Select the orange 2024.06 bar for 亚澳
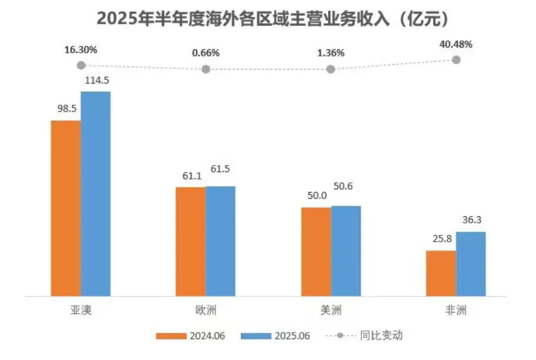(66, 208)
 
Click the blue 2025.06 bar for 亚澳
(96, 194)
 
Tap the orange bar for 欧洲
(191, 241)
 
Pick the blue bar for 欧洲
(220, 241)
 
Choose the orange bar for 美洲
(316, 251)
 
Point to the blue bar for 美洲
(346, 251)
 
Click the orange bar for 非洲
(442, 273)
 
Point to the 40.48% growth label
(456, 44)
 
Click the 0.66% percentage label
(206, 53)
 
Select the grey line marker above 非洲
(456, 59)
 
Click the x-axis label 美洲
(331, 310)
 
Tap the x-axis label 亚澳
(81, 310)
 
